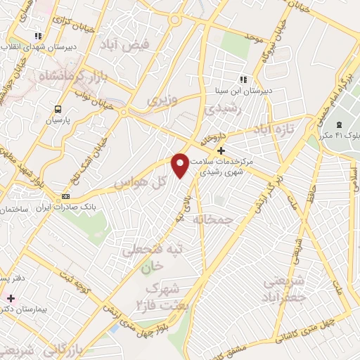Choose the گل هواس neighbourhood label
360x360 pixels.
[140, 183]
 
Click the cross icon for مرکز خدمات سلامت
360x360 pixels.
[221, 150]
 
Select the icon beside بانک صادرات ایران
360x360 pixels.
[66, 196]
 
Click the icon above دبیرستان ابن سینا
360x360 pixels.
[243, 79]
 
